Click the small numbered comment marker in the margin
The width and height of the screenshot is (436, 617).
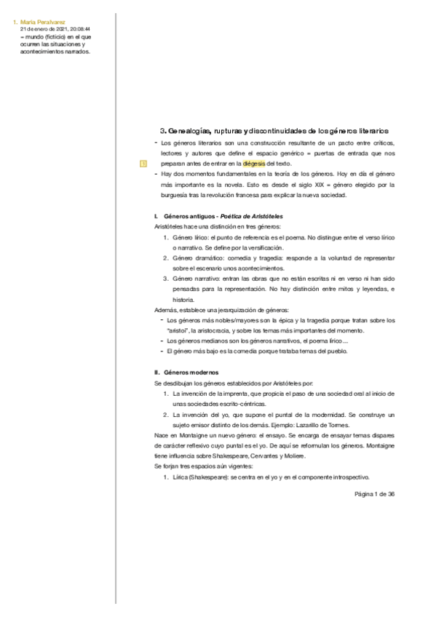click(143, 164)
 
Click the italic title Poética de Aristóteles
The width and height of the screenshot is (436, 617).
click(252, 218)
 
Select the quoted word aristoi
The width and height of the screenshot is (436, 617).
click(176, 330)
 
